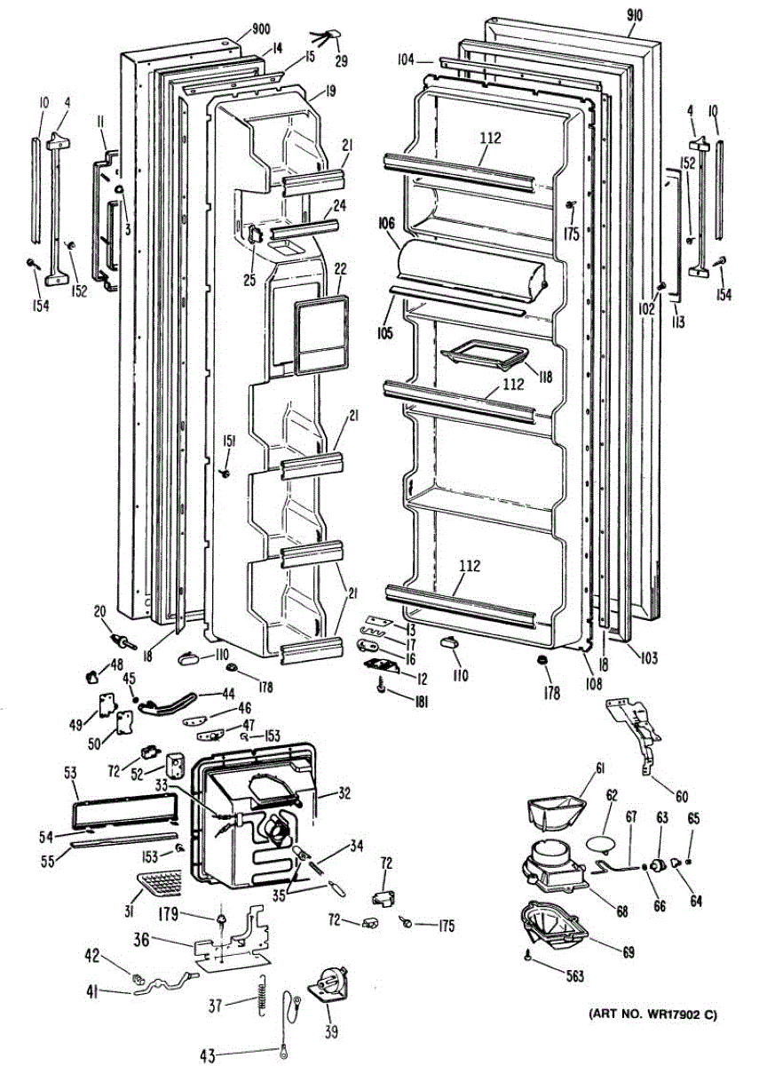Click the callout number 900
pyautogui.click(x=260, y=29)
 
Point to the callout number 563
pyautogui.click(x=574, y=976)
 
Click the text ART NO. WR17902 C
pyautogui.click(x=651, y=1013)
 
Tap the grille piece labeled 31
pyautogui.click(x=161, y=885)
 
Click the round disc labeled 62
pyautogui.click(x=604, y=840)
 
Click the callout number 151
pyautogui.click(x=229, y=442)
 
